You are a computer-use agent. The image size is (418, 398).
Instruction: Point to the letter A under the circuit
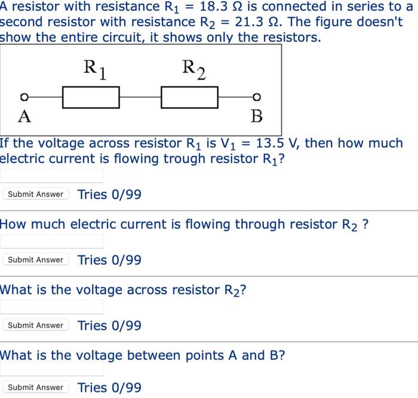coord(24,116)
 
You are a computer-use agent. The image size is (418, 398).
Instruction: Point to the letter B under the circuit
coord(256,116)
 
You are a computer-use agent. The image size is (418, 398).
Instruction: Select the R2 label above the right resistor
coord(193,69)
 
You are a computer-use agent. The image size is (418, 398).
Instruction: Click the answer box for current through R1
coord(52,175)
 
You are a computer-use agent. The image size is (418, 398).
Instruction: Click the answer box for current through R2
coord(52,241)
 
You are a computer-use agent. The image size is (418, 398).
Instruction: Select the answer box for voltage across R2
coord(52,307)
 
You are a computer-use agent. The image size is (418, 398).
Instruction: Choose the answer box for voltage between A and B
coord(52,369)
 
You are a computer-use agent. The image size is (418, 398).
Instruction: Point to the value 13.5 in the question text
coord(274,143)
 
